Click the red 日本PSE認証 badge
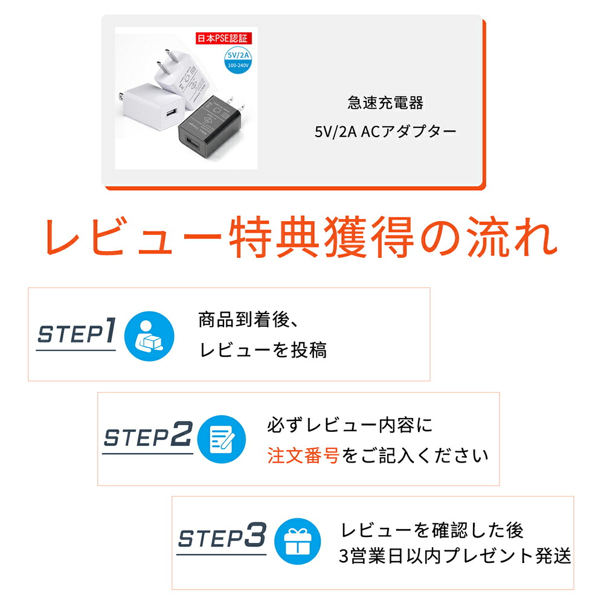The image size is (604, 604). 224,38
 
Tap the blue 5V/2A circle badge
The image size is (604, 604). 238,60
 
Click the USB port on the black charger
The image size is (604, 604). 193,143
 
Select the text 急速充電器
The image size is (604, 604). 385,103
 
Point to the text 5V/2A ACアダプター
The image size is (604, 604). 385,132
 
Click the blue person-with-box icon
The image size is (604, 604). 149,336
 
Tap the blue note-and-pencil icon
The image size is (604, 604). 222,439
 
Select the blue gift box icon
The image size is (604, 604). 297,541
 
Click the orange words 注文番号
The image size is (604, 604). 303,455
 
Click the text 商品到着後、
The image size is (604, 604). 248,320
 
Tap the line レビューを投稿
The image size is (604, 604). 263,350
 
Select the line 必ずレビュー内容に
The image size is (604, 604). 350,425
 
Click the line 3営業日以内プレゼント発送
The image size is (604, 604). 455,556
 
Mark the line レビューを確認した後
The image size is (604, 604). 432,530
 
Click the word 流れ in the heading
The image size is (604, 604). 512,237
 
